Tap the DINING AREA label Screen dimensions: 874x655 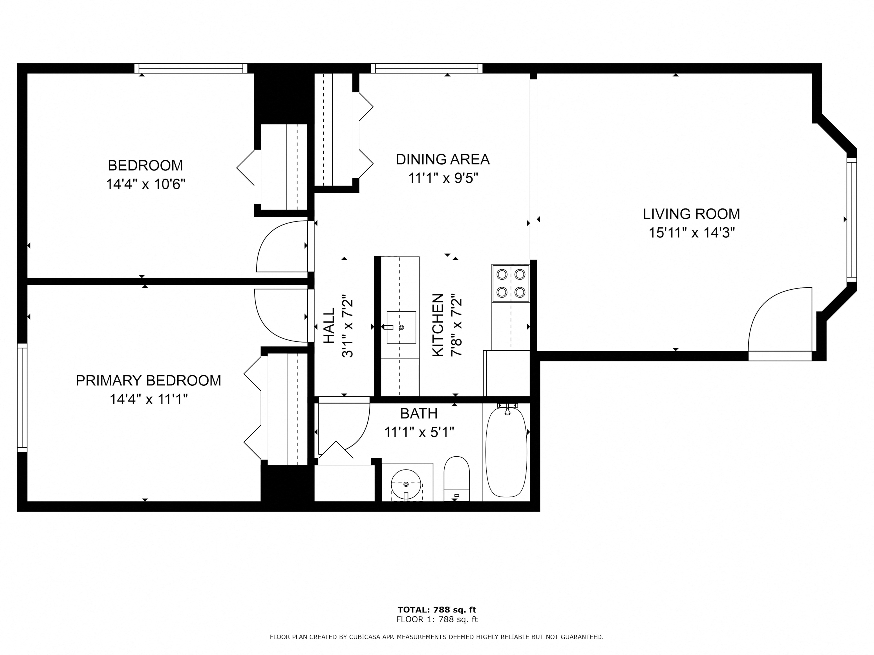443,159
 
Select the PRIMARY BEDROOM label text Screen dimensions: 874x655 148,381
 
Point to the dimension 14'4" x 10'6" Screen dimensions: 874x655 145,184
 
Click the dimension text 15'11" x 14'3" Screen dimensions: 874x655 692,233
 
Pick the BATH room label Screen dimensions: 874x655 419,413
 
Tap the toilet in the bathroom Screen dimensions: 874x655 456,479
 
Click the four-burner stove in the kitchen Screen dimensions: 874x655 511,283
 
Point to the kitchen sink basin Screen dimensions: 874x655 401,327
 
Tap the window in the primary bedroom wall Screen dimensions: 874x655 22,398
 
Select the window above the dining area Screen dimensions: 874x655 427,68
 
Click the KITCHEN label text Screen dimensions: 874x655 438,325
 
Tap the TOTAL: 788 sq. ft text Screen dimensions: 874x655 437,610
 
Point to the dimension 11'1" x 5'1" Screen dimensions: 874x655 419,432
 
